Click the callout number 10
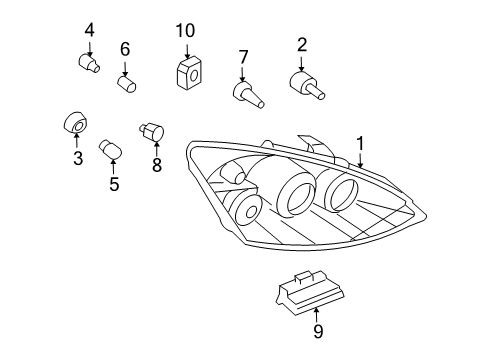(x=185, y=31)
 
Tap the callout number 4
(x=89, y=30)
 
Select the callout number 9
(x=318, y=331)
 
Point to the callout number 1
(x=360, y=144)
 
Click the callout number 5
(x=114, y=184)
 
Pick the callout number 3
(x=78, y=158)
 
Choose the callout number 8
(x=157, y=164)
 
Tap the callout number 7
(x=243, y=57)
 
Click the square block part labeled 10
(x=189, y=73)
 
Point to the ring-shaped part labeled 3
(x=75, y=122)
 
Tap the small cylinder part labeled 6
(x=127, y=84)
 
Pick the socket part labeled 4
(x=89, y=63)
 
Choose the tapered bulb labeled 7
(x=248, y=95)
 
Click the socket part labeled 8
(x=152, y=132)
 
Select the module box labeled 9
(x=310, y=292)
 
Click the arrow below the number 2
(x=302, y=64)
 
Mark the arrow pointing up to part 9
(x=316, y=315)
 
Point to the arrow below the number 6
(x=125, y=69)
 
